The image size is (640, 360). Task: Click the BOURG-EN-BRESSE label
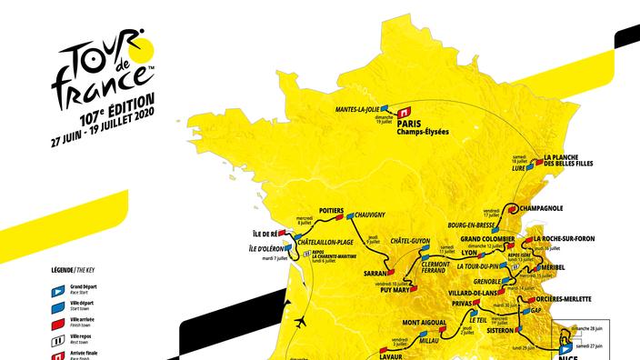click(x=478, y=225)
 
